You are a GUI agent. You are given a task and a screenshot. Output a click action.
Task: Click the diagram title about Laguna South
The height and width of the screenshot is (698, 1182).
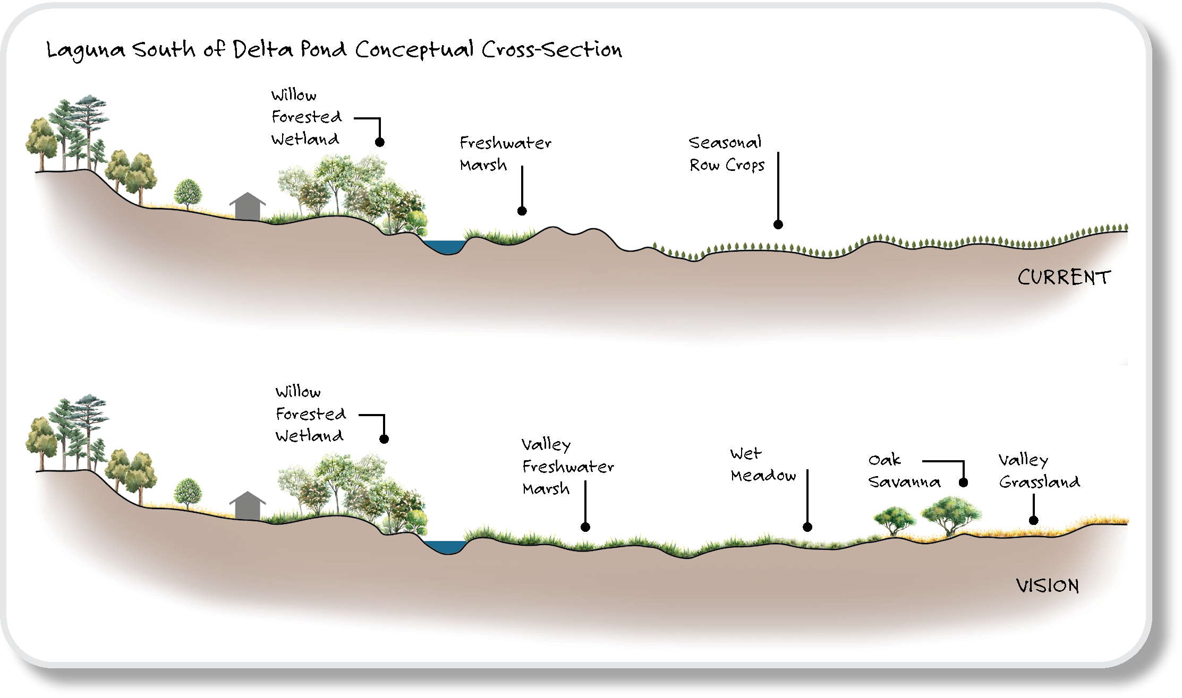(x=334, y=50)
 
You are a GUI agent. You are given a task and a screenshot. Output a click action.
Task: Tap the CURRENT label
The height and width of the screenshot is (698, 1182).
(x=1064, y=277)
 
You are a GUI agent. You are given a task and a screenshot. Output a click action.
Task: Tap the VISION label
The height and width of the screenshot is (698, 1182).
(x=1048, y=585)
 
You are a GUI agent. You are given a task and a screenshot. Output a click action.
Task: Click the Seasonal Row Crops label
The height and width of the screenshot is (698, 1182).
(x=727, y=153)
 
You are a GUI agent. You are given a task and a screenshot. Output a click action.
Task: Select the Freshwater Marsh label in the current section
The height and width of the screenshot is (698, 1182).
(x=505, y=153)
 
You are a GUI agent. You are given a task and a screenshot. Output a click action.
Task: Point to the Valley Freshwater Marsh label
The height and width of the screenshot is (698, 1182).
(x=568, y=467)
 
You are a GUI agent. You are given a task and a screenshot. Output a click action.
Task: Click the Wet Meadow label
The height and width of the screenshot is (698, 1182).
(x=763, y=464)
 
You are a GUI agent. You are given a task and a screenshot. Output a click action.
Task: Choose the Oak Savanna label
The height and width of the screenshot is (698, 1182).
(x=904, y=471)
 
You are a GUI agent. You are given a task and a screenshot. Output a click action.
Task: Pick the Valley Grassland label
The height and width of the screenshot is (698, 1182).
(x=1039, y=471)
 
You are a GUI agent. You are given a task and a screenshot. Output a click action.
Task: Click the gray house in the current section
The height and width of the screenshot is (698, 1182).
(x=248, y=206)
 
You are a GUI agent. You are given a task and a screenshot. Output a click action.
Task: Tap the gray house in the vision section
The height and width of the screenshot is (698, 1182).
(x=248, y=506)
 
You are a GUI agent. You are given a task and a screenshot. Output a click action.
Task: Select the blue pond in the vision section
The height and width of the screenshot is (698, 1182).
(x=446, y=547)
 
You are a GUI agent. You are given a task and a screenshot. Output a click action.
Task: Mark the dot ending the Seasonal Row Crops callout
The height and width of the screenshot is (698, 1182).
(x=778, y=225)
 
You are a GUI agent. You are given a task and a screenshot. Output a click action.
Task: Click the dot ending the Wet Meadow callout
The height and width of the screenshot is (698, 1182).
(x=807, y=527)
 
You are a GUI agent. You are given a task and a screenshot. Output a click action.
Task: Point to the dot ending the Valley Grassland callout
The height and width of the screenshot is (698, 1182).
(x=1034, y=521)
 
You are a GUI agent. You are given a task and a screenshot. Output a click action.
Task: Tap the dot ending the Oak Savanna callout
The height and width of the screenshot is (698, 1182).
(x=963, y=482)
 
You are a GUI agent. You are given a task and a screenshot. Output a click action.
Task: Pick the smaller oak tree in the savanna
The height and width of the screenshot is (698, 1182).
(x=895, y=519)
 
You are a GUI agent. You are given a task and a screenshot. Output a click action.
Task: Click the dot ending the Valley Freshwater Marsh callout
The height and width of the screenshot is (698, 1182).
(x=585, y=527)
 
